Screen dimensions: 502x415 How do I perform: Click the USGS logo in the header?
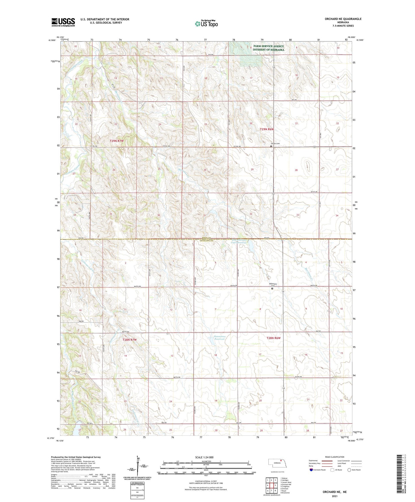(63, 22)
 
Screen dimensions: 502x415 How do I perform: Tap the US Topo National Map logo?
(206, 24)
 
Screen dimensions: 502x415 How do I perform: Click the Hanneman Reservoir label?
(220, 338)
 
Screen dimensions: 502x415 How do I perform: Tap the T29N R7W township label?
(117, 141)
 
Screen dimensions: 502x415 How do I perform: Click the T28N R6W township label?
(273, 338)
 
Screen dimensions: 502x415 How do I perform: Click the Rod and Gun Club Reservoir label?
(239, 241)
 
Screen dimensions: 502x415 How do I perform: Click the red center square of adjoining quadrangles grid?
(271, 485)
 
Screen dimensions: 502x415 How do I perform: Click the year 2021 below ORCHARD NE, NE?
(334, 496)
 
